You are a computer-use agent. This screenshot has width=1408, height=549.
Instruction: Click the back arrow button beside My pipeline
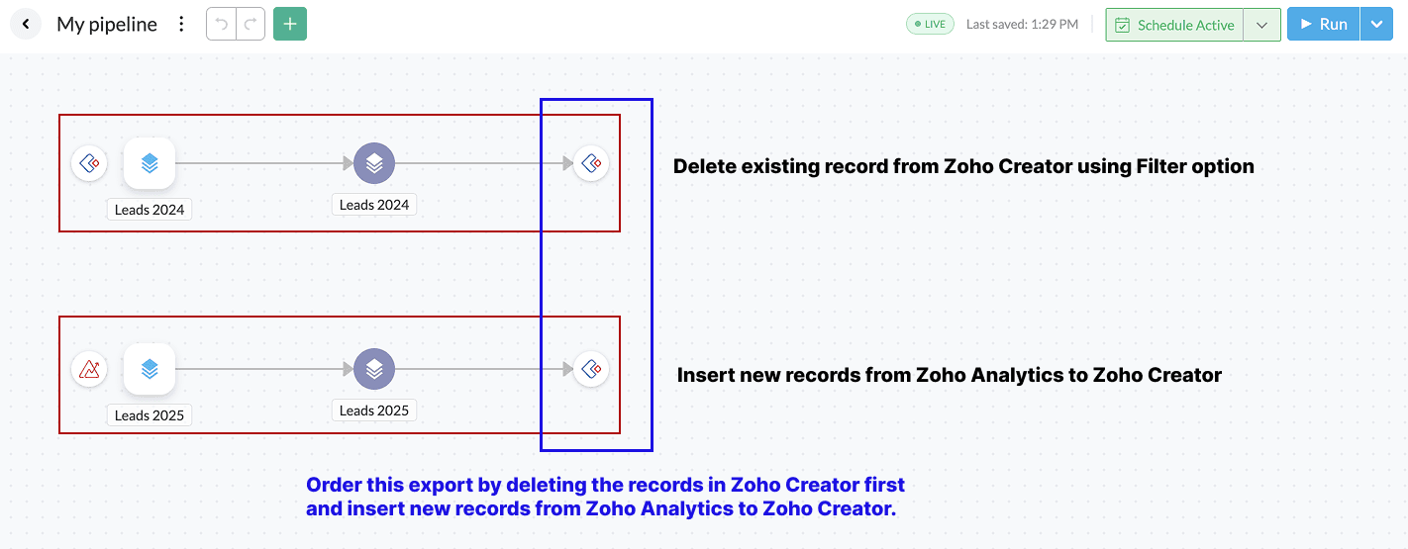pyautogui.click(x=25, y=24)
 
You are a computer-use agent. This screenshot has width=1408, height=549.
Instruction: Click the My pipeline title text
pyautogui.click(x=107, y=25)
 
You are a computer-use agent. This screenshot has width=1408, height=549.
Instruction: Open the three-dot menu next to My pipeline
pyautogui.click(x=181, y=24)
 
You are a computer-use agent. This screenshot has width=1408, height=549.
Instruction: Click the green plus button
pyautogui.click(x=290, y=24)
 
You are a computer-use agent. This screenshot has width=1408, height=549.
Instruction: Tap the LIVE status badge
pyautogui.click(x=930, y=25)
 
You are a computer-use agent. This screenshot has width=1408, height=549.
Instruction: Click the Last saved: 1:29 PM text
pyautogui.click(x=1022, y=25)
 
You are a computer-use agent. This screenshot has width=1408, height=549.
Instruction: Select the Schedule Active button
pyautogui.click(x=1174, y=25)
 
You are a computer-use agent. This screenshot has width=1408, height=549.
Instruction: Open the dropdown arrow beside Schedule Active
pyautogui.click(x=1261, y=25)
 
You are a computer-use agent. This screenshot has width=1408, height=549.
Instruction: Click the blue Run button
pyautogui.click(x=1323, y=25)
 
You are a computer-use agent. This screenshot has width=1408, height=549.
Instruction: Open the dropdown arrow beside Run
pyautogui.click(x=1376, y=25)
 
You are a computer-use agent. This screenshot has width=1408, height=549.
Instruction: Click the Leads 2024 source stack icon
pyautogui.click(x=150, y=163)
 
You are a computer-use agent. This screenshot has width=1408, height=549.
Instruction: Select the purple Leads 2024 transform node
pyautogui.click(x=374, y=163)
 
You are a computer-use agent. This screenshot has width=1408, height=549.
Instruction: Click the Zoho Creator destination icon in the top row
pyautogui.click(x=591, y=163)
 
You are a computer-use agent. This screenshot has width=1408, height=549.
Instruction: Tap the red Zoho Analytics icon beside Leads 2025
pyautogui.click(x=89, y=370)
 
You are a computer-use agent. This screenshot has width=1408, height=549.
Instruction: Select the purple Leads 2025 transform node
pyautogui.click(x=374, y=369)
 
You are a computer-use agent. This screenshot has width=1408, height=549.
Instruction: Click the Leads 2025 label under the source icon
pyautogui.click(x=150, y=415)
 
